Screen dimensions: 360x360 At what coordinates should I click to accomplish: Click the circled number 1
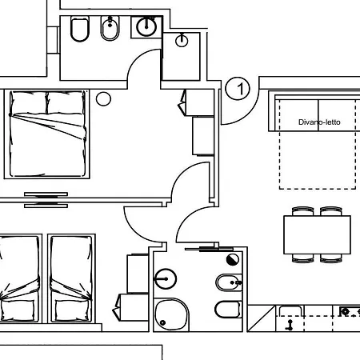coord(238,89)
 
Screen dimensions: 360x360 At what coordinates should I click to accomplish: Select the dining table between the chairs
coord(317,234)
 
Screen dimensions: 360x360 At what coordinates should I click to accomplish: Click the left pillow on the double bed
coord(29,102)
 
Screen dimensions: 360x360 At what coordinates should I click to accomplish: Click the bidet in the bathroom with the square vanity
coord(110,31)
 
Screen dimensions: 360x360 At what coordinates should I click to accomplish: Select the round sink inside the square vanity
coord(146,26)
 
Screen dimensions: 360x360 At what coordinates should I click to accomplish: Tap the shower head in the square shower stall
coord(183,38)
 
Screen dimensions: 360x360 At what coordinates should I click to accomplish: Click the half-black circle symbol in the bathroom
coord(233,258)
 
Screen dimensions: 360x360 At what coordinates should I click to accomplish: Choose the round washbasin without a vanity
coord(165,279)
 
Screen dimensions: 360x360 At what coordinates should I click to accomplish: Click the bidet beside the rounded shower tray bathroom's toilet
coord(227,282)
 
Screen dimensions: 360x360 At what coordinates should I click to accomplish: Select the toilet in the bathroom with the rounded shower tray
coord(227,310)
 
